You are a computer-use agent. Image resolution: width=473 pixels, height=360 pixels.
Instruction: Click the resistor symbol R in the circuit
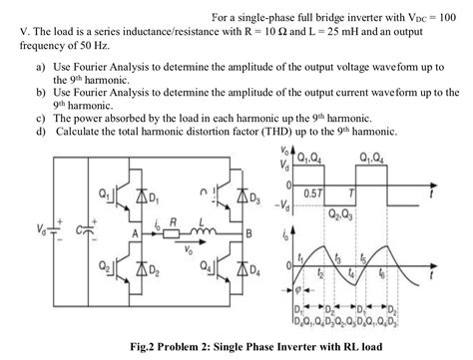point(172,236)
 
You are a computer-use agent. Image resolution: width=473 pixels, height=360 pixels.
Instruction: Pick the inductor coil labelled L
point(204,236)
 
